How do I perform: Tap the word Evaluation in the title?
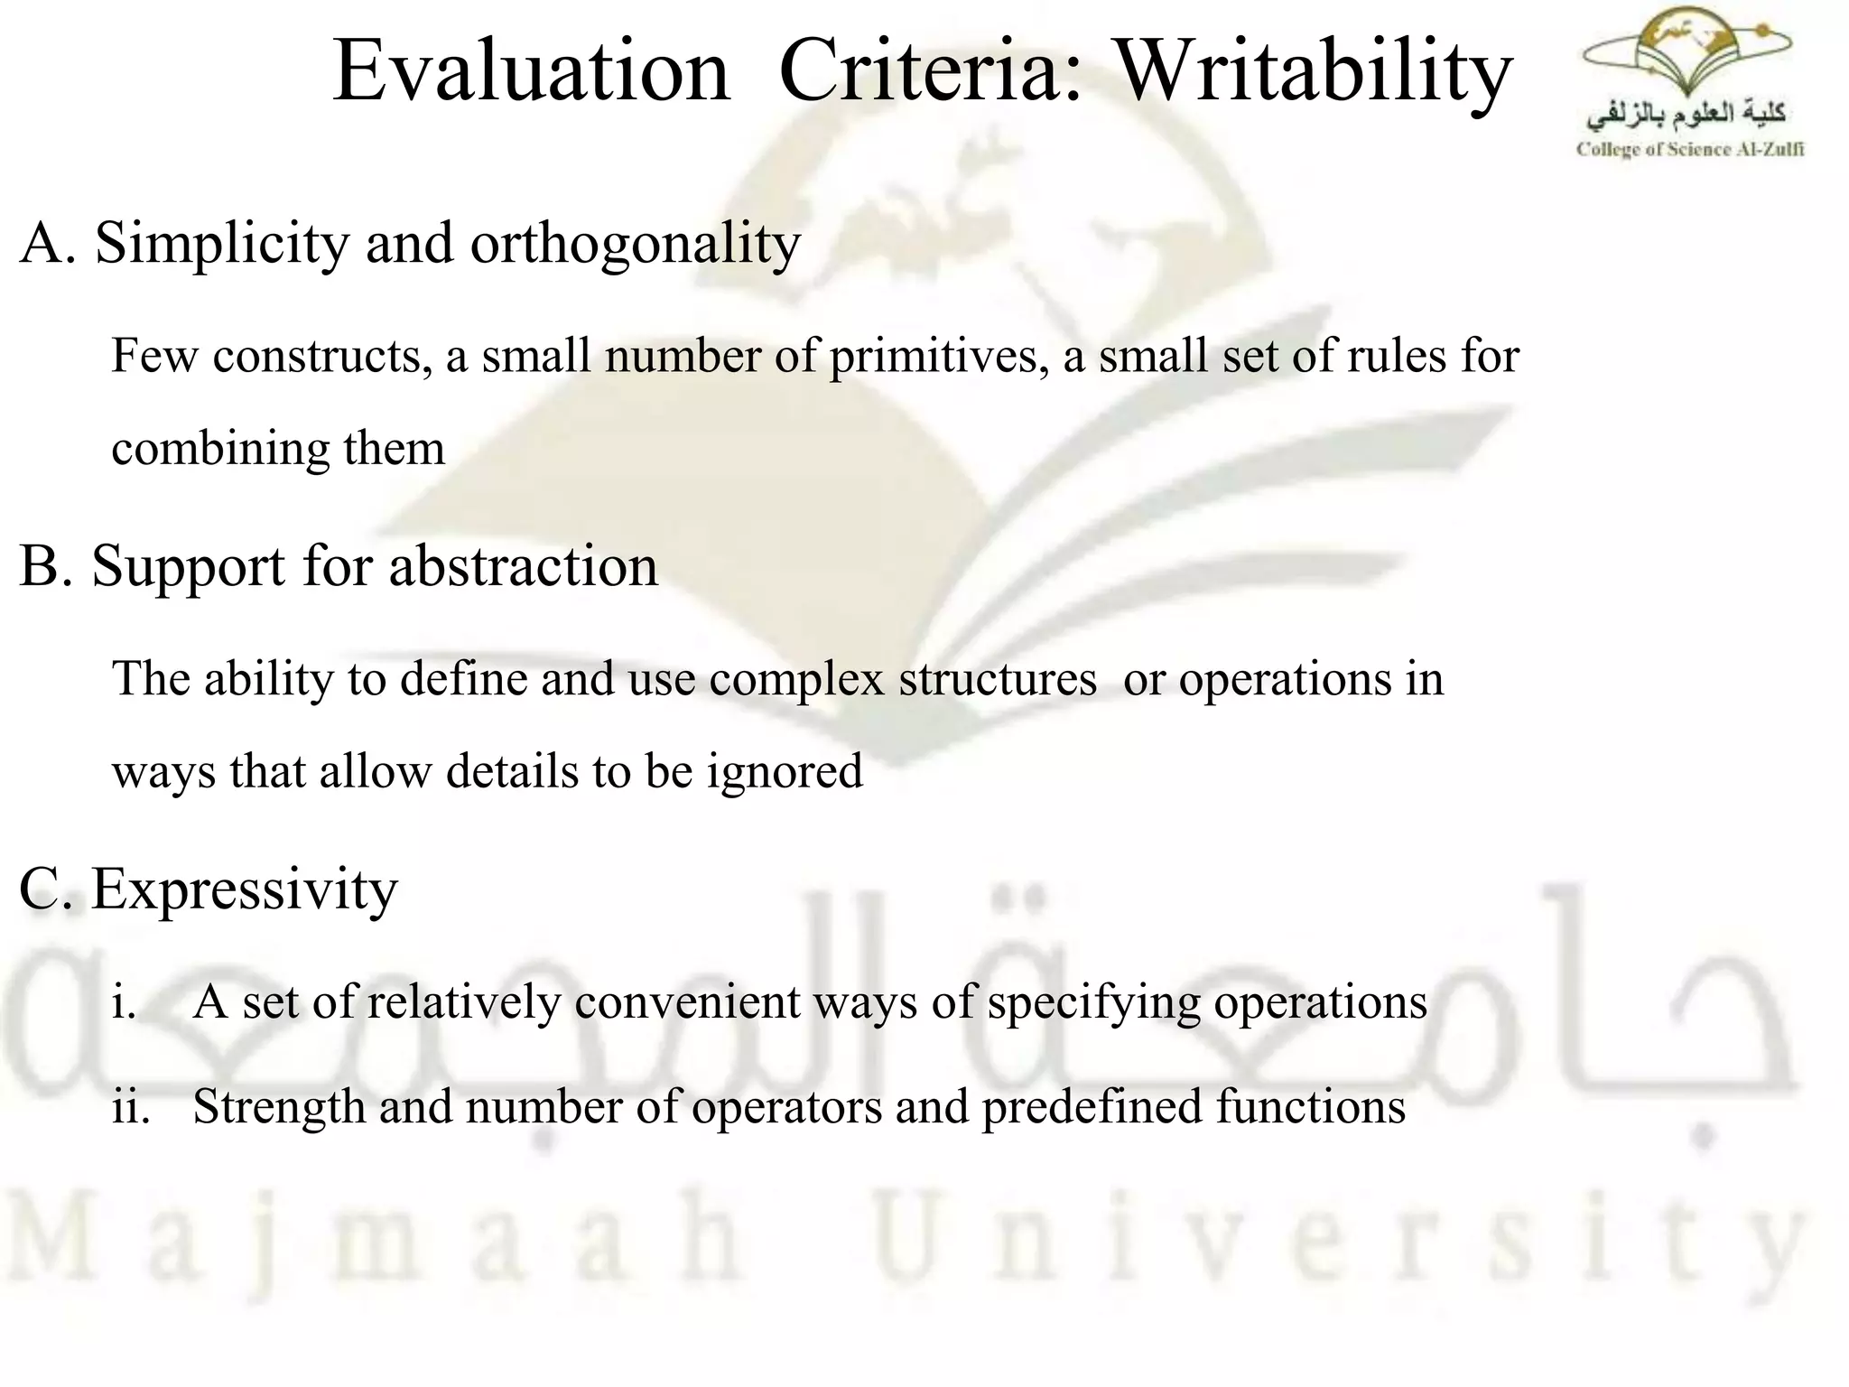pos(531,72)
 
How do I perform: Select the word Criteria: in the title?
pos(930,72)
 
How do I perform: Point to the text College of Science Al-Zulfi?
pos(1689,150)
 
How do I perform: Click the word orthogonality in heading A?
pos(635,244)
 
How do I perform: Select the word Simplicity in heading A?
pos(222,244)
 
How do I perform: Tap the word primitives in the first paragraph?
pos(939,356)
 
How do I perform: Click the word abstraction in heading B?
pos(523,567)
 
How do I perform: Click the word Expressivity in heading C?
pos(244,889)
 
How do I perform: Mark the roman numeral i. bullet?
pos(124,1001)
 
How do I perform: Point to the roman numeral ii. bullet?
pos(130,1107)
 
